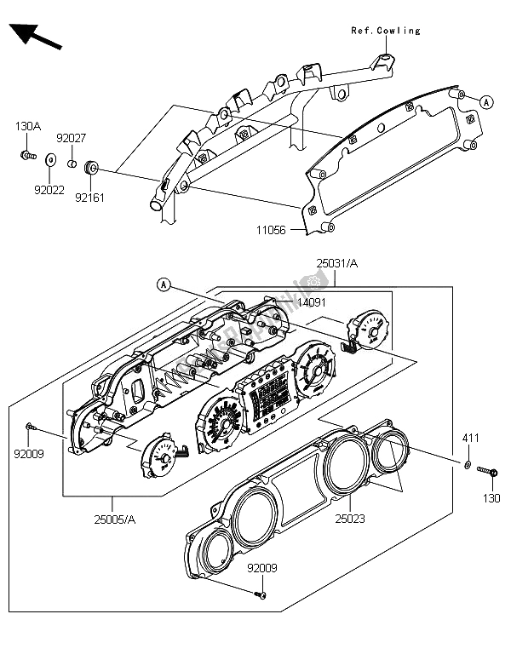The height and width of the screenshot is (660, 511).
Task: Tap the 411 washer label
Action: click(471, 439)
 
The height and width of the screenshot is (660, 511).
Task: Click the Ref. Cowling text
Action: click(386, 31)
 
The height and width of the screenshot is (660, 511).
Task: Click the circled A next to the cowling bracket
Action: click(486, 101)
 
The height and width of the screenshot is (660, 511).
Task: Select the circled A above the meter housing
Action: click(164, 284)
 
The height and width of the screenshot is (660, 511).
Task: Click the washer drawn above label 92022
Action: click(49, 158)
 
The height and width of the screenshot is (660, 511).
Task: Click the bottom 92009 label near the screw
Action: click(263, 567)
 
